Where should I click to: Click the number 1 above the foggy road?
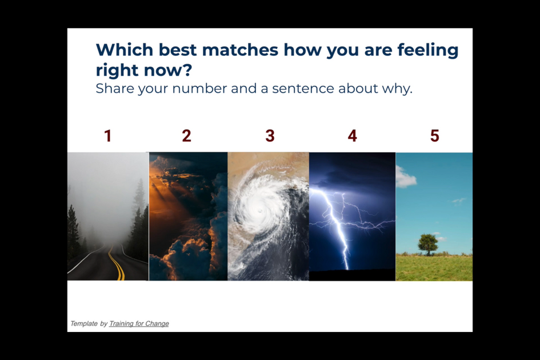click(x=108, y=136)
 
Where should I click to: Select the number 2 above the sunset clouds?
click(x=187, y=136)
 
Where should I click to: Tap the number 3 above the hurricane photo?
click(x=270, y=136)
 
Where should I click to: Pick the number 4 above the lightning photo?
click(x=353, y=136)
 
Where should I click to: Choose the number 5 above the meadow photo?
click(x=435, y=136)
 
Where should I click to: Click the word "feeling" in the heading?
click(x=428, y=50)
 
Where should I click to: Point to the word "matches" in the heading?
click(x=240, y=50)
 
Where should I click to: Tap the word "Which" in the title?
click(x=125, y=50)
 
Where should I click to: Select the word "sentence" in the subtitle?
click(x=303, y=89)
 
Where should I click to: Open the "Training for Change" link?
click(x=139, y=323)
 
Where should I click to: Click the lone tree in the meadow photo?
click(x=428, y=244)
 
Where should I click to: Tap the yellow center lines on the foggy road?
click(x=117, y=263)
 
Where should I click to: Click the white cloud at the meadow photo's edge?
click(x=405, y=177)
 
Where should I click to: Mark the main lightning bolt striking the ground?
click(x=334, y=229)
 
